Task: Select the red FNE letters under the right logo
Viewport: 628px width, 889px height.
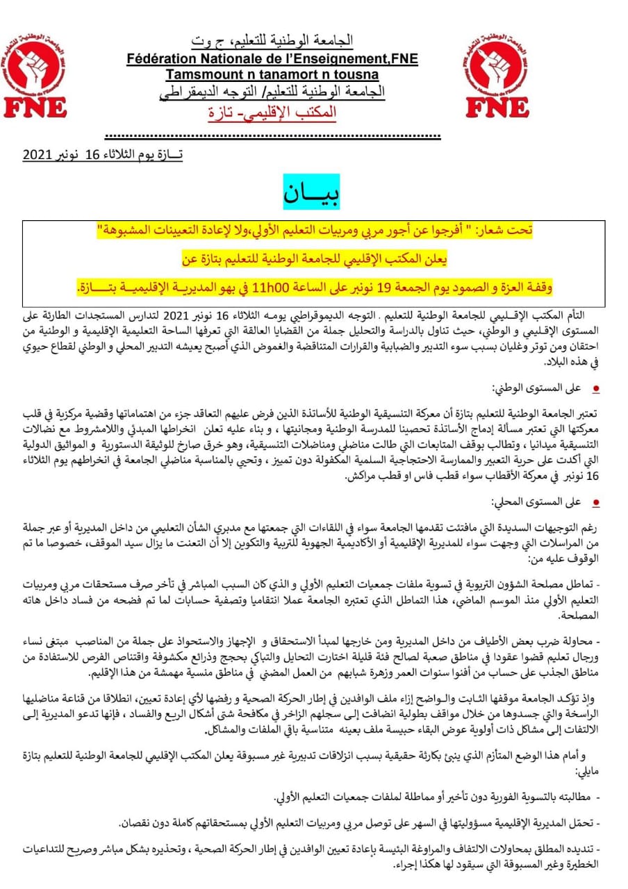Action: tap(497, 107)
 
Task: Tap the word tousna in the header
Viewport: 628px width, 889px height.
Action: tap(352, 74)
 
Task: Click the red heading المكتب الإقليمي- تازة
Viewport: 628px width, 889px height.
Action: tap(274, 111)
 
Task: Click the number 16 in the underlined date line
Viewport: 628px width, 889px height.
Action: tap(94, 156)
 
